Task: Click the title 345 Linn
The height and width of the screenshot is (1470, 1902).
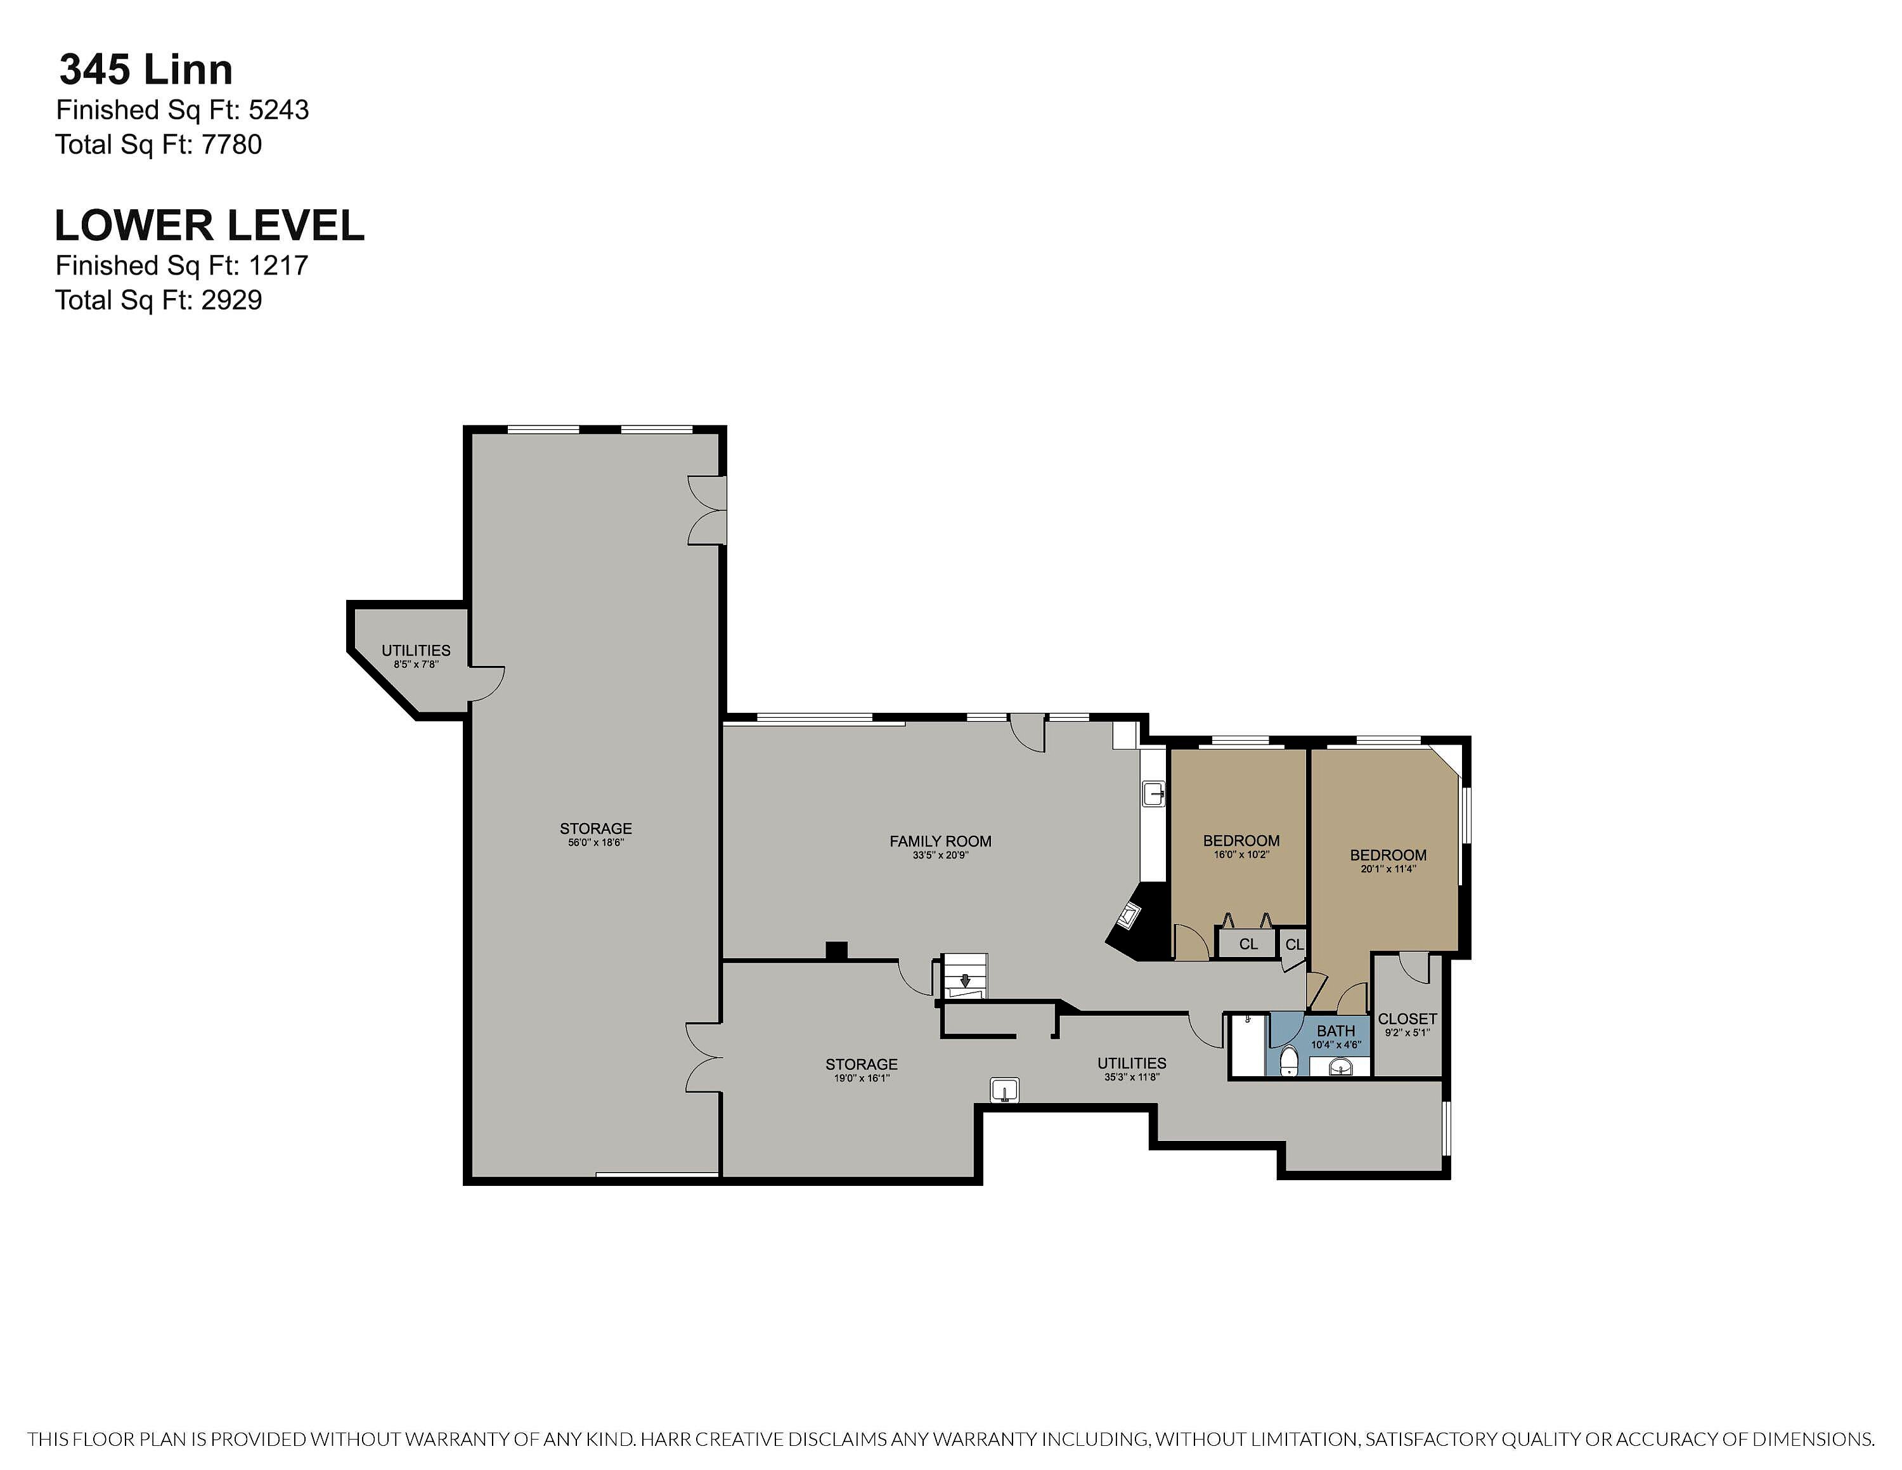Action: point(145,70)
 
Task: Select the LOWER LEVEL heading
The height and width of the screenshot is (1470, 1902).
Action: point(209,226)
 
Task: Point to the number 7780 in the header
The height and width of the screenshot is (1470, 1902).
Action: point(231,145)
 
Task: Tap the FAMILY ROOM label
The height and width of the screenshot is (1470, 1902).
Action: point(941,842)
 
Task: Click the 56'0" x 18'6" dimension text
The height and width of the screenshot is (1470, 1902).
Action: point(596,843)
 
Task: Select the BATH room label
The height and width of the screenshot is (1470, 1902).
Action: point(1336,1031)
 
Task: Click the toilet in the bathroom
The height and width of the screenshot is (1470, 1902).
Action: point(1289,1062)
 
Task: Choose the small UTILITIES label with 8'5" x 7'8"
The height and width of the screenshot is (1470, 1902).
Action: point(417,651)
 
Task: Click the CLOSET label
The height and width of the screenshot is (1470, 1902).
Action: point(1407,1019)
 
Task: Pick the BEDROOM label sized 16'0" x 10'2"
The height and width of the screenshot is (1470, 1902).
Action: point(1241,840)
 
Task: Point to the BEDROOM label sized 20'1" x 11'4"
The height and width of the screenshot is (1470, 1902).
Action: point(1388,855)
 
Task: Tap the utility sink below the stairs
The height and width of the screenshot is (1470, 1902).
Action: point(1005,1089)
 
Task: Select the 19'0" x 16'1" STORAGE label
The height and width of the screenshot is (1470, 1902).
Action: point(862,1064)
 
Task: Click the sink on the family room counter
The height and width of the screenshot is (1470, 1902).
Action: point(1154,794)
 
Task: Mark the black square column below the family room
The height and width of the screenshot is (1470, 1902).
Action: point(836,951)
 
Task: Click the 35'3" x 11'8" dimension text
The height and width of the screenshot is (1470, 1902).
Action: point(1131,1077)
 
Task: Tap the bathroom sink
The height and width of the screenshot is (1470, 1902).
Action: point(1342,1067)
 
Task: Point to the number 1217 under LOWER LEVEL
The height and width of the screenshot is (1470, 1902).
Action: point(279,266)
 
